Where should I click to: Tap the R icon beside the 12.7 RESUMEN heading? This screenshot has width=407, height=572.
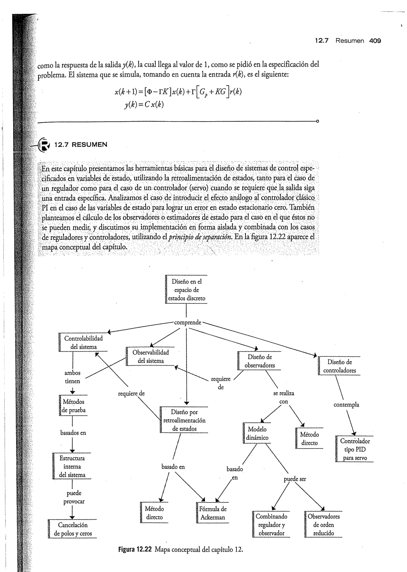pos(44,145)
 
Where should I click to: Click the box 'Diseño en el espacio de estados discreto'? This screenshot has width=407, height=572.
pos(186,290)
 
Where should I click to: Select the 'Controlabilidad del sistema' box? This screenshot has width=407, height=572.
pos(83,343)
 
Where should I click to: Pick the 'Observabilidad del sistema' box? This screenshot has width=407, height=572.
pos(150,356)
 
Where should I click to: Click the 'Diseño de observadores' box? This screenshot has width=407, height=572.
pos(259,361)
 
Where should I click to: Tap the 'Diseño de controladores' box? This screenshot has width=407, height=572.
pos(339,366)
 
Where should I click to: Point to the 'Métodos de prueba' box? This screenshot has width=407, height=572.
pos(73,406)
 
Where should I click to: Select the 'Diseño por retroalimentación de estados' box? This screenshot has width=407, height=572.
pos(184,420)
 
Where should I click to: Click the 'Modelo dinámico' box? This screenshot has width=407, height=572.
pos(257,433)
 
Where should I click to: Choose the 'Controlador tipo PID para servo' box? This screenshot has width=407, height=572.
pos(355,449)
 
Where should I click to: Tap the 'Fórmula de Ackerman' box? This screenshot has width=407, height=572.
pos(212,513)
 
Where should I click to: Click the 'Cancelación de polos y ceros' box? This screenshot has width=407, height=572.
pos(73,529)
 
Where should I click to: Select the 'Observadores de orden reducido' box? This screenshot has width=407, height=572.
pos(323,524)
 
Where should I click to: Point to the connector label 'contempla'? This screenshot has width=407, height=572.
pos(346,405)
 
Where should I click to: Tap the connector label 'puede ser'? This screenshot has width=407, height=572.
pos(295,479)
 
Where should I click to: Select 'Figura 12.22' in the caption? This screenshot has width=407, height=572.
pos(135,550)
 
